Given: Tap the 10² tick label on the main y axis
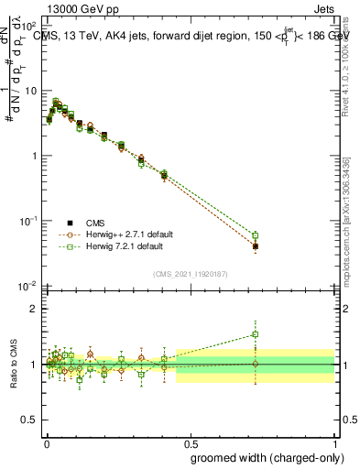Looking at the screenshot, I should [30, 27].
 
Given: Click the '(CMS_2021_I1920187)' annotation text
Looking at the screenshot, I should [191, 273].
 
